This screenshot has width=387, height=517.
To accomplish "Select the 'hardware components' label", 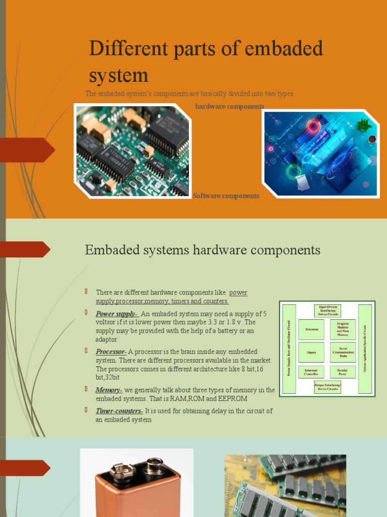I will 229,107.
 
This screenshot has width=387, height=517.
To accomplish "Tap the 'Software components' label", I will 226,196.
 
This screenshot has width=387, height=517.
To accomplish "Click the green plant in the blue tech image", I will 363,125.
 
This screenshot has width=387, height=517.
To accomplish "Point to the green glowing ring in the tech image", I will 293,171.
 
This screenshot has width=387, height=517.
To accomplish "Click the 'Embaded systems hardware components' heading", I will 203,250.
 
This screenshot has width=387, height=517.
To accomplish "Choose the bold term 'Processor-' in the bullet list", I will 111,351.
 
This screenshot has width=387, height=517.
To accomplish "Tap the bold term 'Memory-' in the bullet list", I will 109,390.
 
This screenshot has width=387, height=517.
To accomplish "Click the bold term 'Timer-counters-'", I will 119,411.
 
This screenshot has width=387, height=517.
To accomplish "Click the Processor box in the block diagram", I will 311,329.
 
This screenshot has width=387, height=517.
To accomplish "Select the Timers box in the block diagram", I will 311,352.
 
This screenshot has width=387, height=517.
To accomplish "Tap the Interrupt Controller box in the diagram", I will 311,372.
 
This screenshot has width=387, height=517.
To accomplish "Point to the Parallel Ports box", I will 343,372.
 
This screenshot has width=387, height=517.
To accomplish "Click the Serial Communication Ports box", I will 343,352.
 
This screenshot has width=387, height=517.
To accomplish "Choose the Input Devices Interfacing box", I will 328,311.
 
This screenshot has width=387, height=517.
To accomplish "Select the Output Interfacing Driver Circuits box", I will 328,387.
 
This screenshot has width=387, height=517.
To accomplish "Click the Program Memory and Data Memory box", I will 343,329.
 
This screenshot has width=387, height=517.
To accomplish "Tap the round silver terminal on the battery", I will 154,465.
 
